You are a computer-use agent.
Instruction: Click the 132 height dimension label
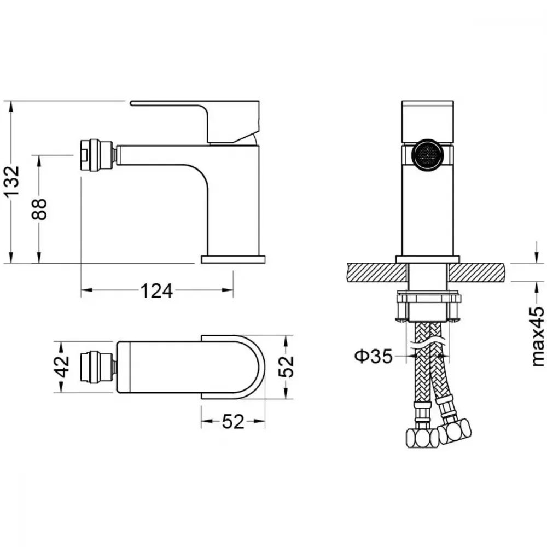[12, 182]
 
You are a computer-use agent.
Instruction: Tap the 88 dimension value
[39, 208]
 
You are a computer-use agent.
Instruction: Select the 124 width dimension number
[156, 291]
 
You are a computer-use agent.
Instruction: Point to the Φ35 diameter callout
[373, 356]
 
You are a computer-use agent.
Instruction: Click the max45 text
[538, 336]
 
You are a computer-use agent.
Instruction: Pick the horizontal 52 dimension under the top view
[233, 422]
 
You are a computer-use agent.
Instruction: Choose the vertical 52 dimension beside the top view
[286, 366]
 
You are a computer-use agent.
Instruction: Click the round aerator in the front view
[428, 155]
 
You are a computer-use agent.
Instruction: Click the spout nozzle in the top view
[98, 368]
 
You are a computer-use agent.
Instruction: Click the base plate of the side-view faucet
[233, 259]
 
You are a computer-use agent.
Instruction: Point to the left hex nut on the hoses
[422, 438]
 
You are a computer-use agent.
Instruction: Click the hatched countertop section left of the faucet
[377, 272]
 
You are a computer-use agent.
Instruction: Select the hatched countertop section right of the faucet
[476, 272]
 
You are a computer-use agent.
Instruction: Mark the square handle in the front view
[428, 122]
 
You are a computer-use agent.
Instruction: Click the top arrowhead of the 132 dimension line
[12, 106]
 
